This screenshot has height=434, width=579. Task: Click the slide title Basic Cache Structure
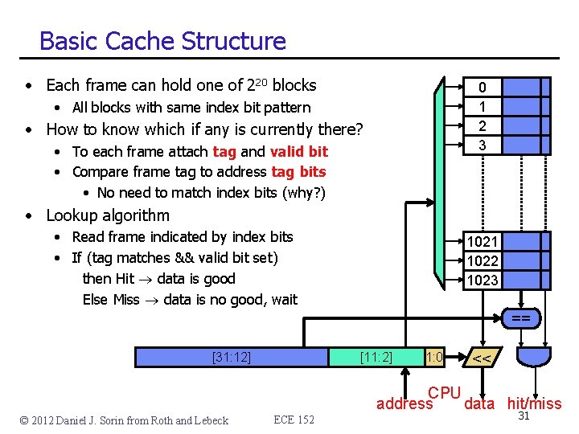(162, 41)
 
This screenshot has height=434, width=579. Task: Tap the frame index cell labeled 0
(482, 87)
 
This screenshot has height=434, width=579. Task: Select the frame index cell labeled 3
(482, 145)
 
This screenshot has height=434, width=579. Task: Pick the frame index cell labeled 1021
(482, 242)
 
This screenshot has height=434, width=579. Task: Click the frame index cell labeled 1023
(482, 280)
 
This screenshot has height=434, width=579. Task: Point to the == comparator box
(520, 319)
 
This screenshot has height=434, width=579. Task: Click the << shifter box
(482, 358)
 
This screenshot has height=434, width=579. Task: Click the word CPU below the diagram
(444, 393)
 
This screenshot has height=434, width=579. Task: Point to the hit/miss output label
(534, 403)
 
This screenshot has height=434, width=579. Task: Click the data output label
(479, 403)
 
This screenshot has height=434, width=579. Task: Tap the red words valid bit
(299, 151)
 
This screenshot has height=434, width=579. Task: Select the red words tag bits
(298, 171)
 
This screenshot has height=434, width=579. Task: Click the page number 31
(524, 416)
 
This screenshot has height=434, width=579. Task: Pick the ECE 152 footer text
(294, 420)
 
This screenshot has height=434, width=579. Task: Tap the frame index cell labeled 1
(482, 106)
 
